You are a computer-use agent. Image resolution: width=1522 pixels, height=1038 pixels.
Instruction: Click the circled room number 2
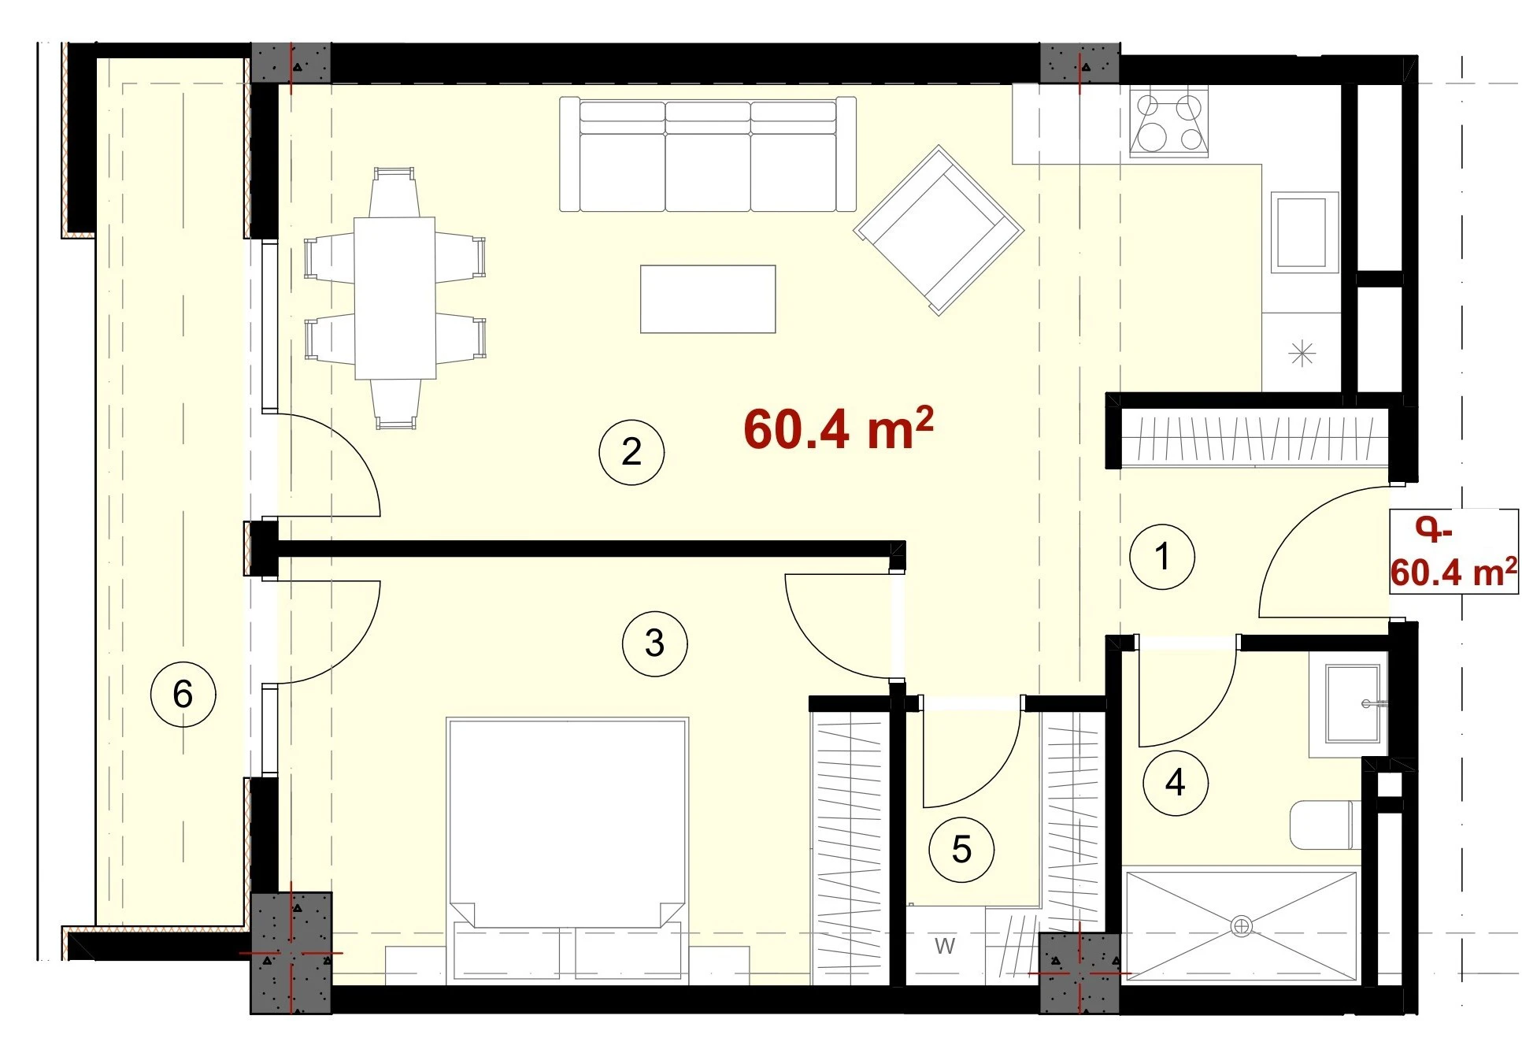(631, 451)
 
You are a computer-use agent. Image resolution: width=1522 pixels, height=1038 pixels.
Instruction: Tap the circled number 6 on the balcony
(183, 694)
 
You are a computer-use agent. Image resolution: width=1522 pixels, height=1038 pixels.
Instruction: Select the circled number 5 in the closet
(961, 849)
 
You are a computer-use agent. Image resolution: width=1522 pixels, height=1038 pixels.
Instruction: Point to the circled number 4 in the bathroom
(1176, 782)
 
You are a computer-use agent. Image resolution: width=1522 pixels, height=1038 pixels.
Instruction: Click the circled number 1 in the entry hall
(1162, 557)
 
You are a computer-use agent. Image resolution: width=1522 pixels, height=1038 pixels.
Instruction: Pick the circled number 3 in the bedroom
(654, 643)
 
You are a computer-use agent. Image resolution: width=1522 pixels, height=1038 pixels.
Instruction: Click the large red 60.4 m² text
(839, 428)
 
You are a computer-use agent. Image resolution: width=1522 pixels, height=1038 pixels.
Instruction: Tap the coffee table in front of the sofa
(708, 299)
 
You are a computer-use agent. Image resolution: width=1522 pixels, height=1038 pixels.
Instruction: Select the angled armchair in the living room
(939, 230)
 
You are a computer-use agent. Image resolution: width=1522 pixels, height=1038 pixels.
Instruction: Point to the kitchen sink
(1305, 232)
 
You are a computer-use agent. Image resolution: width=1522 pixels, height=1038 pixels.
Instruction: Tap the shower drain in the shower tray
(1242, 926)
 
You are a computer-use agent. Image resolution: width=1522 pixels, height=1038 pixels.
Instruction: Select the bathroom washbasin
(1350, 704)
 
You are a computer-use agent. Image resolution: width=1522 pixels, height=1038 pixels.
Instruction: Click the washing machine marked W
(945, 945)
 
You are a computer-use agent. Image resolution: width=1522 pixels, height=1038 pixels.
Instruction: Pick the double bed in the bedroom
(567, 851)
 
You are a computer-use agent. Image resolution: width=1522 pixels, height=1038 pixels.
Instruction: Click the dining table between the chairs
(394, 298)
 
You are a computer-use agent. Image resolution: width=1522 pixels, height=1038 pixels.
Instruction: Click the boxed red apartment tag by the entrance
(1453, 551)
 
